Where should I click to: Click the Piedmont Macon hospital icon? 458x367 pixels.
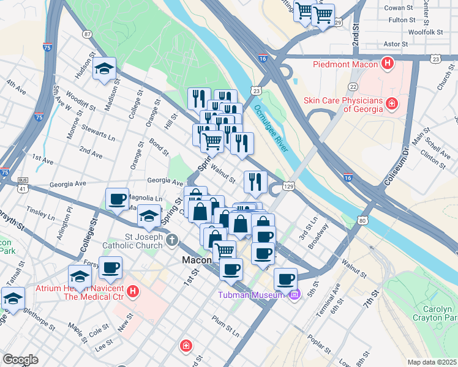click(x=387, y=63)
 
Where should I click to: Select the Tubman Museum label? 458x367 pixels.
click(x=252, y=295)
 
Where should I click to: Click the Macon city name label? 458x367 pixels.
click(x=197, y=260)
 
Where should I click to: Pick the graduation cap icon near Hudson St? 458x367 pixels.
click(x=105, y=69)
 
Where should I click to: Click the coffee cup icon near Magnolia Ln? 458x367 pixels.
click(x=117, y=198)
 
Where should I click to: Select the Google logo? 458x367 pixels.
click(x=20, y=360)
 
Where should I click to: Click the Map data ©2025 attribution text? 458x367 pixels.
click(x=432, y=362)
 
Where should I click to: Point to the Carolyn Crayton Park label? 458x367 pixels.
click(x=435, y=313)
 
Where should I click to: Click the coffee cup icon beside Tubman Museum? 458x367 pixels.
click(x=285, y=279)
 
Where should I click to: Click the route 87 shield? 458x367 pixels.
click(x=88, y=34)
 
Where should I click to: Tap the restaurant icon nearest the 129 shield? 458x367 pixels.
click(x=255, y=181)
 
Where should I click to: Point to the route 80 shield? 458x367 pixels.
click(x=363, y=220)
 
